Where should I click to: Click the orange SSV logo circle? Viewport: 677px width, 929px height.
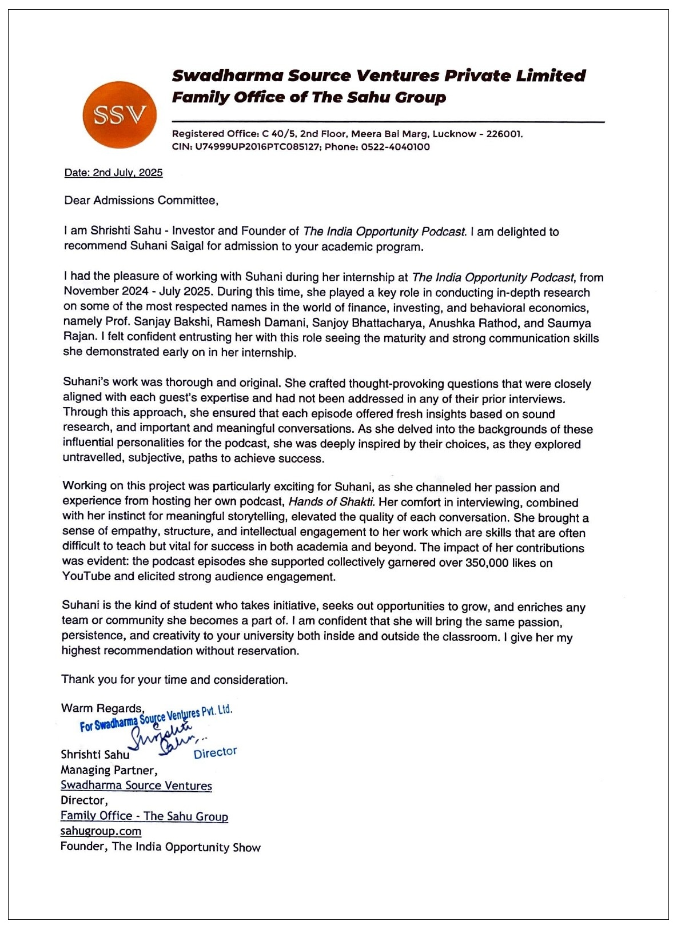click(x=120, y=115)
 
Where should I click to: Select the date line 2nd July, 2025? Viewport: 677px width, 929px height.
click(x=113, y=173)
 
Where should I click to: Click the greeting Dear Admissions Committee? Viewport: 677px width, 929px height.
click(x=141, y=201)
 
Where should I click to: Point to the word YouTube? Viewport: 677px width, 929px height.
click(x=86, y=576)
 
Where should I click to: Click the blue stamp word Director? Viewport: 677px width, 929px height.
click(x=215, y=752)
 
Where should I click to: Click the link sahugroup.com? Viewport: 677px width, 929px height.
click(x=101, y=831)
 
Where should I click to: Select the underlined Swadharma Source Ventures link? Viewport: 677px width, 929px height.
click(x=136, y=786)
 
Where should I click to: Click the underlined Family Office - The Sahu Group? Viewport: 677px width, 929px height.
click(x=144, y=816)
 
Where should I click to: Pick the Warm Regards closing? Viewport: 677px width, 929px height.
click(x=102, y=708)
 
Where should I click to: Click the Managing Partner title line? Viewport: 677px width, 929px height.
click(x=109, y=770)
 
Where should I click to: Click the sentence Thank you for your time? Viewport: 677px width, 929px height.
click(x=174, y=680)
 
